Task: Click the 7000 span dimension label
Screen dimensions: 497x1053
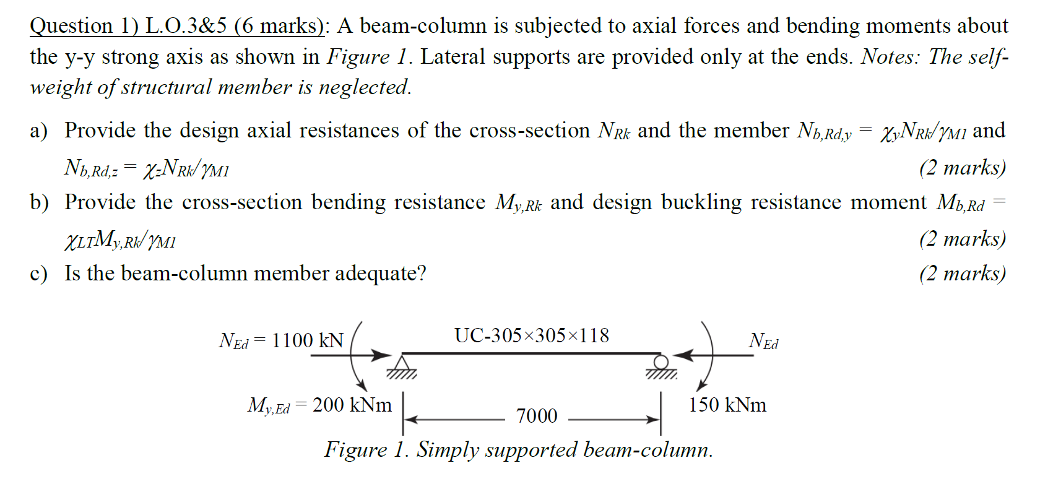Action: coord(537,416)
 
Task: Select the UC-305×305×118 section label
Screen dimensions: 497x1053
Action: coord(532,335)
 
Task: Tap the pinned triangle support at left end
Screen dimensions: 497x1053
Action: coord(402,363)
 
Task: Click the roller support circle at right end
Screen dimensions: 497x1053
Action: coord(661,361)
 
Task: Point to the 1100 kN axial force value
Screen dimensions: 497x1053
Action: coord(307,340)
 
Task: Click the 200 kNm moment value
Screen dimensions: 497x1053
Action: coord(352,405)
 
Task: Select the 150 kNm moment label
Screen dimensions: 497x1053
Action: coord(727,405)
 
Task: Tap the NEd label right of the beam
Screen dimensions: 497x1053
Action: coord(763,341)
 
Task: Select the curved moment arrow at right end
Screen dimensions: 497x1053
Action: coord(709,356)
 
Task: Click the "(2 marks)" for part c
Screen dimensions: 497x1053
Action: coord(962,273)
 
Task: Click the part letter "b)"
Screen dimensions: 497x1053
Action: coord(39,202)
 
